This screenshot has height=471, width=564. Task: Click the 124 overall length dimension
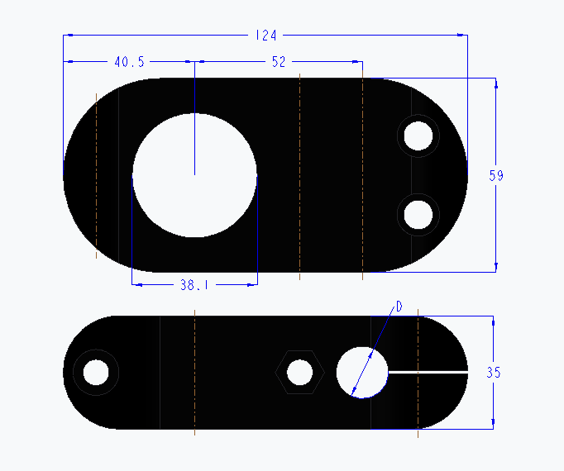(266, 36)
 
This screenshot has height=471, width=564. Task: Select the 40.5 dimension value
(130, 62)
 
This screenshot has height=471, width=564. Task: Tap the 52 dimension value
(278, 62)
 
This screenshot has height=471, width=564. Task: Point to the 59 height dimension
(496, 175)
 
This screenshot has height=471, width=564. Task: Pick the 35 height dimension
(493, 373)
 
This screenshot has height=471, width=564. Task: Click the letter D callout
(399, 307)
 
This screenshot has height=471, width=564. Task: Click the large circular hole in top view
(194, 175)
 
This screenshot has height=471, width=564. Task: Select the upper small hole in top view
(418, 135)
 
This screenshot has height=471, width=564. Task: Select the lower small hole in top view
(418, 215)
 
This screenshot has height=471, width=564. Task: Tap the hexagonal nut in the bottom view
(299, 373)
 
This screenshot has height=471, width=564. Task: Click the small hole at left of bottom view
(96, 373)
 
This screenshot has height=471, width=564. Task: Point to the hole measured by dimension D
(362, 373)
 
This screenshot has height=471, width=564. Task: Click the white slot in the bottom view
(427, 373)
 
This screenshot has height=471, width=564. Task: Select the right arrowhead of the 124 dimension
(461, 36)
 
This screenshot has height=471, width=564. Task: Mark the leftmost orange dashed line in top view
(97, 175)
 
